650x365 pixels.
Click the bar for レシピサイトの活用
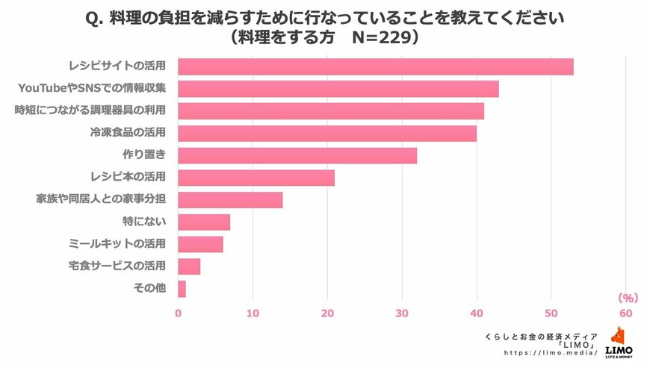(x=376, y=66)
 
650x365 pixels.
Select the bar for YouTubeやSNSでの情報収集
(x=338, y=89)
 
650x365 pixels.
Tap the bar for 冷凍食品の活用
(x=327, y=134)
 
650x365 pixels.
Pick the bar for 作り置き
(x=297, y=155)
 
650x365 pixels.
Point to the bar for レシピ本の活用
(x=256, y=178)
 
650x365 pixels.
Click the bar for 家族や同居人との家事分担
(x=230, y=200)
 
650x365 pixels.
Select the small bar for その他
(x=182, y=289)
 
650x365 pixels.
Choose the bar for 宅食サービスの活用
(x=189, y=266)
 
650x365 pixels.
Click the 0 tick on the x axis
(x=178, y=313)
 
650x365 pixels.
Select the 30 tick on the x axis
(x=402, y=313)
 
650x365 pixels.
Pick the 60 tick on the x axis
(x=625, y=313)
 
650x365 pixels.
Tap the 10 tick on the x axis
(x=253, y=313)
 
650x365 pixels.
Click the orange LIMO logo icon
(x=619, y=336)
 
